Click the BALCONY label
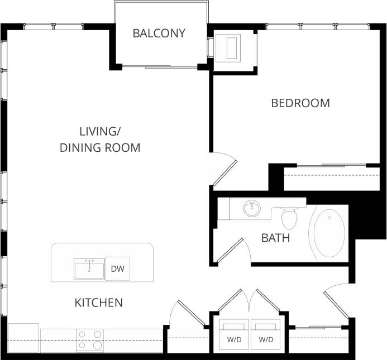159,33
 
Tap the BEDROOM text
300,103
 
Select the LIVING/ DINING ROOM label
100,140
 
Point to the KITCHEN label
98,303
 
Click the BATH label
275,238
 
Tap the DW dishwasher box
117,269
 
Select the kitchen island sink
89,268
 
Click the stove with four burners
90,340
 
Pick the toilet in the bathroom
289,218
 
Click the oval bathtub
329,233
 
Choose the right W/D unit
266,335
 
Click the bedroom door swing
223,167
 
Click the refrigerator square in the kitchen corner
23,338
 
